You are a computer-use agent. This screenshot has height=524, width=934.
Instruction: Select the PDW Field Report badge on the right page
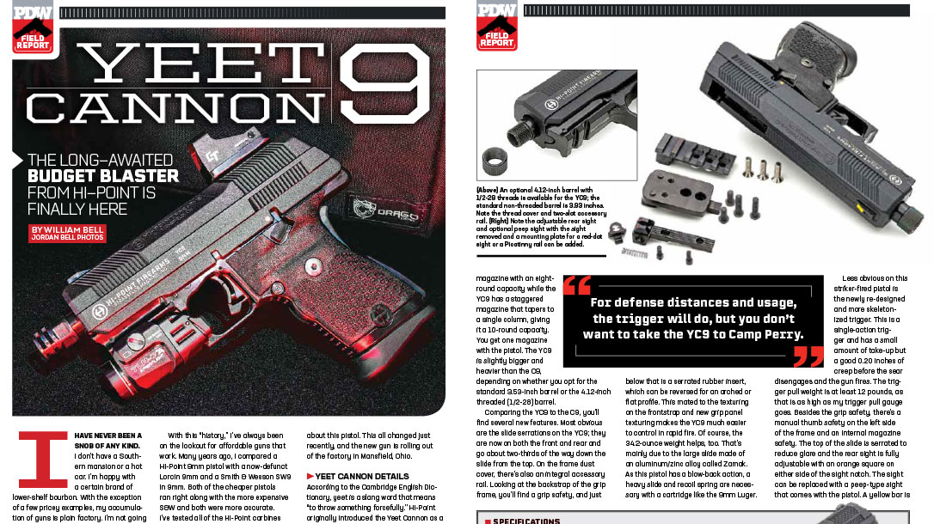[x=497, y=26]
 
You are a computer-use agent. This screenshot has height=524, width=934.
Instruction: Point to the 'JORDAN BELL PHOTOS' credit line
[x=67, y=238]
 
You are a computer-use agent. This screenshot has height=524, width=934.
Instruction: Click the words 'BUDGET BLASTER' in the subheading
[x=126, y=176]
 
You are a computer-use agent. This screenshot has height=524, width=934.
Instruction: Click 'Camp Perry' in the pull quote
[x=765, y=335]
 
